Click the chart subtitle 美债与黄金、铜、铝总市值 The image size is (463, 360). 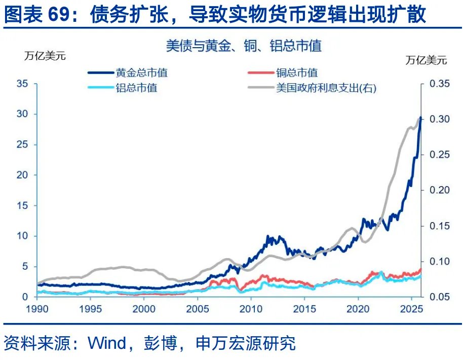click(244, 46)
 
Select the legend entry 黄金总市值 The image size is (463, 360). click(149, 73)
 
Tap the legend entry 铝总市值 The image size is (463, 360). click(136, 88)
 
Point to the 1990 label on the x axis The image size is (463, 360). click(36, 309)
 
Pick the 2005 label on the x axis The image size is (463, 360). click(197, 309)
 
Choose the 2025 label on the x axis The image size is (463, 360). click(411, 309)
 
